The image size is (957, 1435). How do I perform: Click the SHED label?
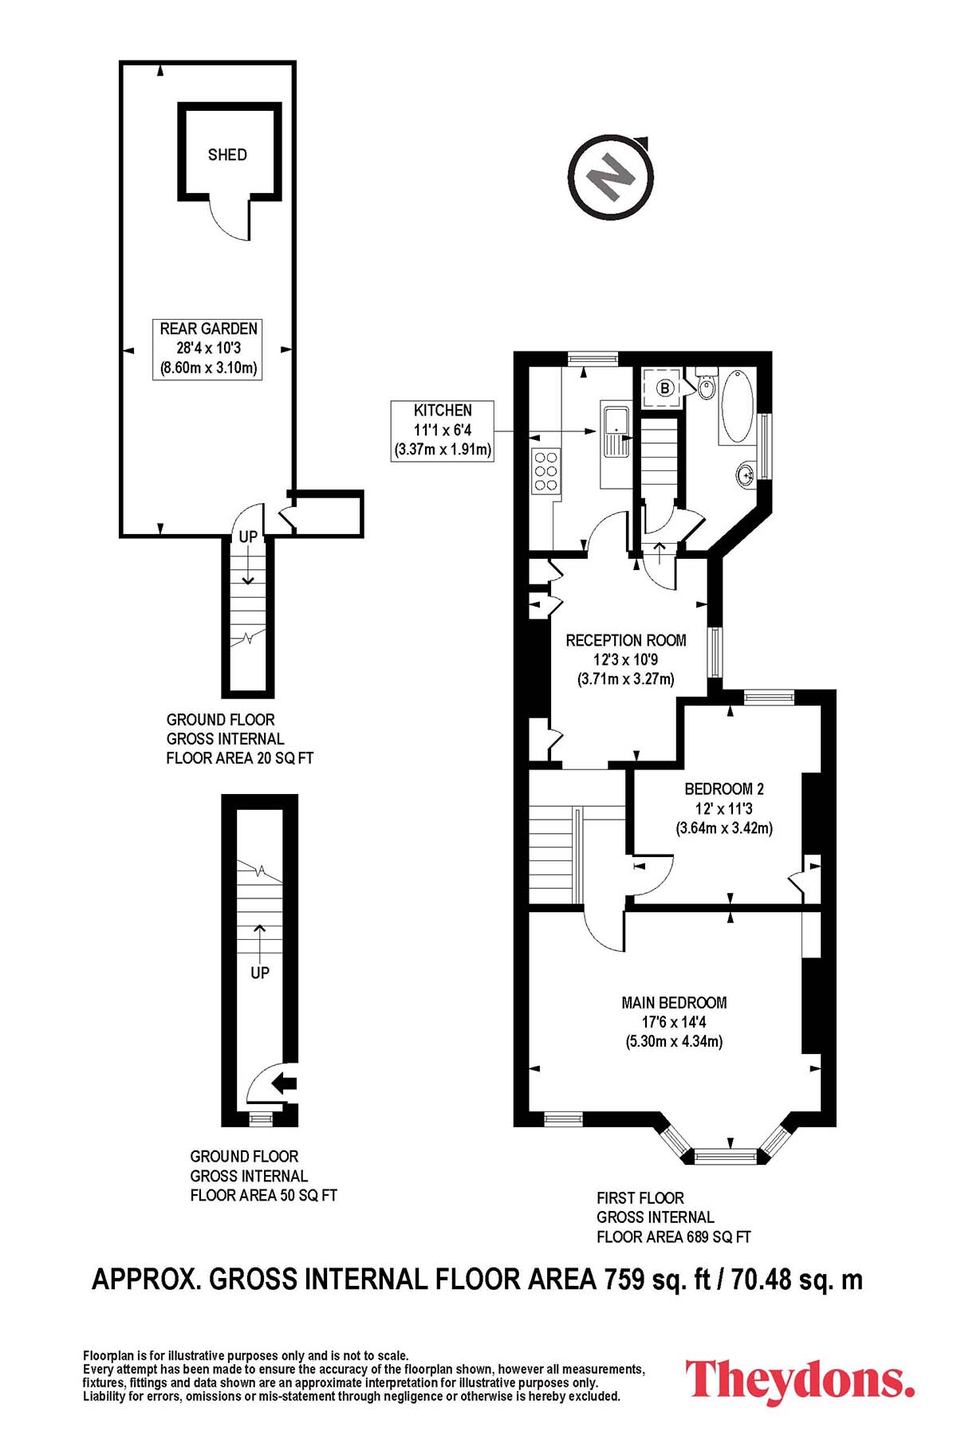[x=227, y=155]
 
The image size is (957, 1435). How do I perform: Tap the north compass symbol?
[x=611, y=176]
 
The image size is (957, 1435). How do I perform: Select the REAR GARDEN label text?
[x=208, y=328]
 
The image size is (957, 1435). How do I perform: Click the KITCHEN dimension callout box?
[x=443, y=430]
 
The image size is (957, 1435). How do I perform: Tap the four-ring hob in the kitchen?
[x=546, y=471]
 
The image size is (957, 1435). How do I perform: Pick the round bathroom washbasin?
[x=746, y=475]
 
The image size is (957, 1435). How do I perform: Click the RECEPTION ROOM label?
[x=626, y=640]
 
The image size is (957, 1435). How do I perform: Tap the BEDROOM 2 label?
[x=724, y=789]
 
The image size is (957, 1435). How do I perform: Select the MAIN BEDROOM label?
[x=674, y=1003]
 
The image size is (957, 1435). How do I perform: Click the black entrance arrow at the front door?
[x=284, y=1083]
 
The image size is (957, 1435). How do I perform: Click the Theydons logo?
[x=800, y=1379]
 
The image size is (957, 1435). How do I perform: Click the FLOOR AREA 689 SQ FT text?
[x=674, y=1237]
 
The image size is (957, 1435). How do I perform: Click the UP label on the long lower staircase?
[x=260, y=973]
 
